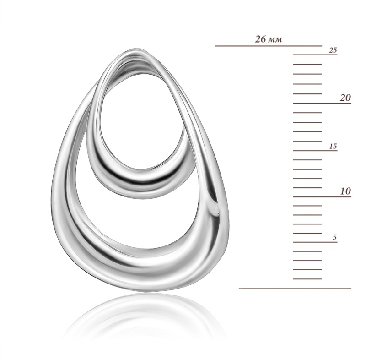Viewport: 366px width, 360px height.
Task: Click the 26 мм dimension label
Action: [x=269, y=39]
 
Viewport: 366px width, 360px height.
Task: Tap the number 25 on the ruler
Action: [x=333, y=50]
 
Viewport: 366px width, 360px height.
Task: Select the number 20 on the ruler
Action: [x=345, y=98]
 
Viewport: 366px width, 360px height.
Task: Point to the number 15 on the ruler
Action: [x=334, y=147]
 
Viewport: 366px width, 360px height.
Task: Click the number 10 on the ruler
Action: [x=346, y=191]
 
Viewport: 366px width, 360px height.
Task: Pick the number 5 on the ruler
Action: [x=335, y=238]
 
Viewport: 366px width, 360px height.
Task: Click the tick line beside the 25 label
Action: [x=315, y=55]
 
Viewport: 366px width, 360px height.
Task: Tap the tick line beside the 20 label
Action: [x=322, y=103]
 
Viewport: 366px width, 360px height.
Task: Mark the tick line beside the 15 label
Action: [x=315, y=150]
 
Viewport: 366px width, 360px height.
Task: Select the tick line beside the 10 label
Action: [x=322, y=196]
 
